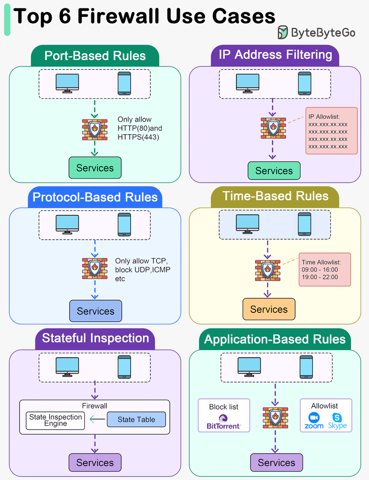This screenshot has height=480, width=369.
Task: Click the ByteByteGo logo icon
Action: pos(283,32)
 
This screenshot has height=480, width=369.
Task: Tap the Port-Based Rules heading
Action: pos(95,56)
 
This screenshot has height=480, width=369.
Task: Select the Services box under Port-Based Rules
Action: pos(95,168)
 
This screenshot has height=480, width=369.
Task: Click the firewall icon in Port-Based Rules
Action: pos(95,130)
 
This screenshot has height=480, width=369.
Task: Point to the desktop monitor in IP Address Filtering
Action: pos(247,83)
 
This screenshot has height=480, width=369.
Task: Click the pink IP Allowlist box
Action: pos(331,131)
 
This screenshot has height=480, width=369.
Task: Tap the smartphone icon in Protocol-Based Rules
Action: pos(124,225)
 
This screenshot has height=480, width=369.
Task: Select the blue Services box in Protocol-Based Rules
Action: pos(95,311)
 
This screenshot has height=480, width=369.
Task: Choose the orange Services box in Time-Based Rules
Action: pos(269,309)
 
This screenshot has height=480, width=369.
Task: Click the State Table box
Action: pos(136,419)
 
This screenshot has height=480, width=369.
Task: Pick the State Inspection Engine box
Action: pos(55,420)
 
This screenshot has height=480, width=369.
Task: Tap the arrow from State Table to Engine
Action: pos(97,419)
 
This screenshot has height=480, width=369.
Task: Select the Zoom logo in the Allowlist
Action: pos(314,421)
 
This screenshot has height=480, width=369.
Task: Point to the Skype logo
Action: pos(337,421)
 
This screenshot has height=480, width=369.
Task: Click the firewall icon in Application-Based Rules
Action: pos(275,418)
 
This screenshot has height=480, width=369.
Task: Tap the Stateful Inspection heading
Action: pos(95,338)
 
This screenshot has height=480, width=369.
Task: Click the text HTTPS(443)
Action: pos(138,137)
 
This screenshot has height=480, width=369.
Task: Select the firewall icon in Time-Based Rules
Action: pos(268,270)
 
